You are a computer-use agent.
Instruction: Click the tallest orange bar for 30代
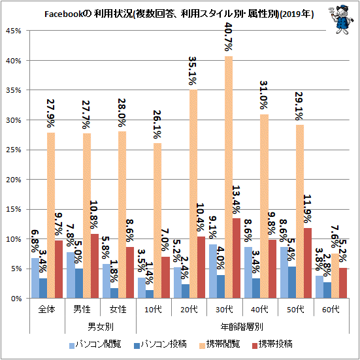click(229, 177)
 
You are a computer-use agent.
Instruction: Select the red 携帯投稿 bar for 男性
click(95, 266)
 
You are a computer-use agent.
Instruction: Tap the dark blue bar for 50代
click(292, 282)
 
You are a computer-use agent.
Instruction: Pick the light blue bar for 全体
click(35, 278)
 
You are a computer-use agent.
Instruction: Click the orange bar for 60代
click(335, 276)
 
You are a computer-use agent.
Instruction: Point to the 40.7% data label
click(229, 37)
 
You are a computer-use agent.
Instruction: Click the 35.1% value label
click(193, 71)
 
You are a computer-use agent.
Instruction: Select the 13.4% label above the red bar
click(237, 200)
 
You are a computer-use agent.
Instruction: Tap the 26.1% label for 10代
click(157, 124)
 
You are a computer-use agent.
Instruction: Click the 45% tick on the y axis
click(14, 31)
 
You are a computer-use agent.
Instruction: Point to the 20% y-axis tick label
click(14, 180)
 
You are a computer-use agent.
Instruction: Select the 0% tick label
click(16, 299)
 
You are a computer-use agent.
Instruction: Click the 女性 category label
click(118, 310)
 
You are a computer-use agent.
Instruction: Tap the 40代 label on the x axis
click(259, 310)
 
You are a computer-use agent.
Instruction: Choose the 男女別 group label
click(101, 327)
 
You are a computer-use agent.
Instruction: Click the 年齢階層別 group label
click(242, 327)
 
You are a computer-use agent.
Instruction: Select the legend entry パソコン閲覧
click(95, 344)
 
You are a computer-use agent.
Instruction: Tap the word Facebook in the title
click(63, 14)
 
